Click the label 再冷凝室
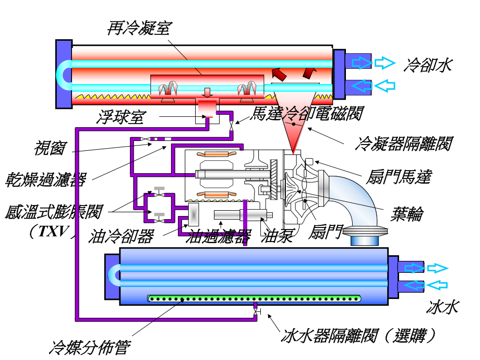click(138, 28)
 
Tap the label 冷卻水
click(427, 65)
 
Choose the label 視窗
click(50, 148)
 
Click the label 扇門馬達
click(398, 177)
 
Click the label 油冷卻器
click(121, 236)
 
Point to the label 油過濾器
click(219, 236)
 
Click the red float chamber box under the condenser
click(208, 109)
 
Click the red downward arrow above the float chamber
click(208, 92)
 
